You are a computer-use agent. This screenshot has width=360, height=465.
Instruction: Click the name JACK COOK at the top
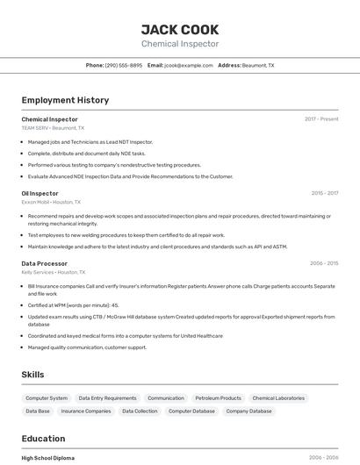(180, 30)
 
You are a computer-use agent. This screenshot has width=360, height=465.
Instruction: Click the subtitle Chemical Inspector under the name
(180, 44)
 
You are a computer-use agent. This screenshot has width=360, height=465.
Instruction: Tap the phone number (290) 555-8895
(123, 65)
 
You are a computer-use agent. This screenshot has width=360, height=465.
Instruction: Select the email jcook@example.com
(188, 65)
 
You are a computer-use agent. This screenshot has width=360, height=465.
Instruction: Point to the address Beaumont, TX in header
(258, 65)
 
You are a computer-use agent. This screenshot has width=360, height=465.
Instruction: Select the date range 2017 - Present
(321, 119)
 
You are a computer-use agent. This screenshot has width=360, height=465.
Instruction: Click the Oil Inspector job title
(40, 193)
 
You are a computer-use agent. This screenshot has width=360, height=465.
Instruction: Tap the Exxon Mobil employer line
(51, 202)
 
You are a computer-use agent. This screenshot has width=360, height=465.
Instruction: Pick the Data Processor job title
(45, 263)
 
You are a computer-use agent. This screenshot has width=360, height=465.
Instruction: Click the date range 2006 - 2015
(324, 263)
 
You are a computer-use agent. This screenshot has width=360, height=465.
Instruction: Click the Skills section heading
(32, 375)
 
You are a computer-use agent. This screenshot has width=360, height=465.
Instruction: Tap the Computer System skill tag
(47, 398)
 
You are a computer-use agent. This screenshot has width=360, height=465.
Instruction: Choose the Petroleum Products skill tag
(218, 398)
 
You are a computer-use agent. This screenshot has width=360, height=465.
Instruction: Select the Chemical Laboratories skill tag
(278, 398)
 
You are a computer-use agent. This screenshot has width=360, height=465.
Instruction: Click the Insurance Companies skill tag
(86, 411)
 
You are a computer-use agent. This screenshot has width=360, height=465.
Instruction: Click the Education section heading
(43, 439)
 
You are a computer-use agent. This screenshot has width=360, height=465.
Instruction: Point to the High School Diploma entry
(48, 458)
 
